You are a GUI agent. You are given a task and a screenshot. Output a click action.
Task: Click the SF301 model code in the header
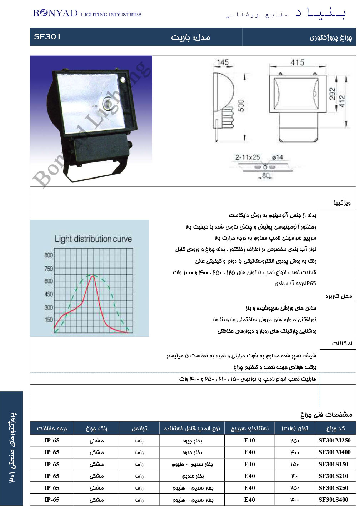47,37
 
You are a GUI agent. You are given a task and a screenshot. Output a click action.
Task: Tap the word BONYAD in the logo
55,14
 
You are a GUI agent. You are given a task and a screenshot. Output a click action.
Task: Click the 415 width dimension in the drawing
297,63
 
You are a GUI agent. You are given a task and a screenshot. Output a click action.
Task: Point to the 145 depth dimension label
222,62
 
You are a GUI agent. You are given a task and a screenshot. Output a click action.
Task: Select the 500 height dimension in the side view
241,106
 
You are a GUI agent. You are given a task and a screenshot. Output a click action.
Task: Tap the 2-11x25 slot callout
247,157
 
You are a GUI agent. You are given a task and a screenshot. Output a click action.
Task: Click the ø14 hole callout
277,157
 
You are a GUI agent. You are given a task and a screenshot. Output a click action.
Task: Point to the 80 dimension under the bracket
265,175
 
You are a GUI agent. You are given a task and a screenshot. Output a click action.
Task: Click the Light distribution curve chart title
93,239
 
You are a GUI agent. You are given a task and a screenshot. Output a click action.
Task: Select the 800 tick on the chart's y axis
49,255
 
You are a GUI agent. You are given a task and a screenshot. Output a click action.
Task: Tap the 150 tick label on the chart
49,320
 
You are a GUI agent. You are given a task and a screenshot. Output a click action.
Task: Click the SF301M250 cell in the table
334,440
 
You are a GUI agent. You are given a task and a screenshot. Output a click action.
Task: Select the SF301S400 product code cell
333,500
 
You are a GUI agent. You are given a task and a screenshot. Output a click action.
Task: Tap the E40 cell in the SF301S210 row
249,476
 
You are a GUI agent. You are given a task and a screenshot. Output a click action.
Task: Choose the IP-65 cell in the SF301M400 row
52,452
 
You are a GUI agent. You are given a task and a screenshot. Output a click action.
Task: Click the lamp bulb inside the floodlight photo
107,103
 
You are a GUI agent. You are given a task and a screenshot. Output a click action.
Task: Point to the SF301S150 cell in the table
333,464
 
